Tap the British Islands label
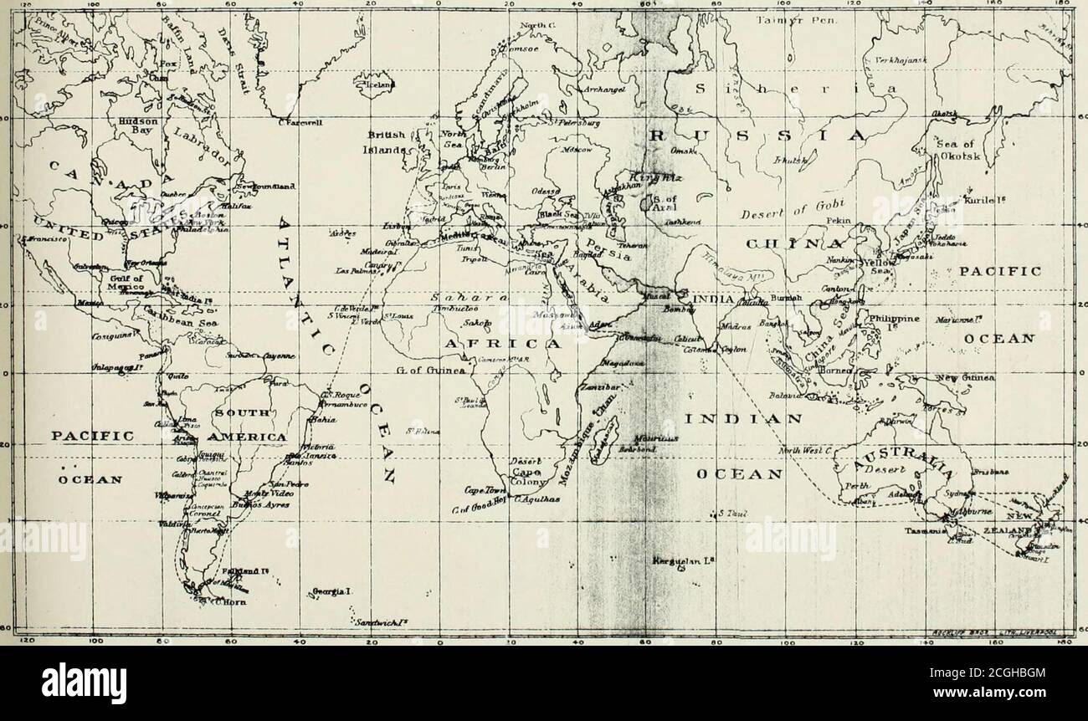click(386, 144)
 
